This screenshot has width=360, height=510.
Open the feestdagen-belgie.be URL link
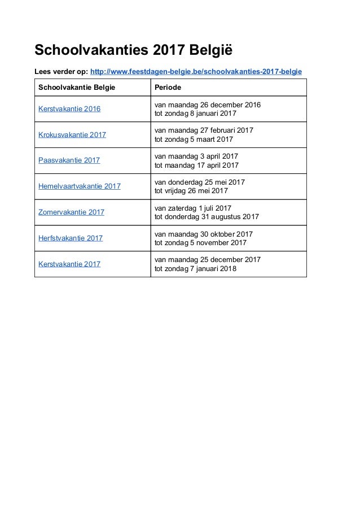pos(196,72)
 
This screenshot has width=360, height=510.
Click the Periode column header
pos(168,88)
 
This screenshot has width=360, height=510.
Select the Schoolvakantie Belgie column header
pos(72,88)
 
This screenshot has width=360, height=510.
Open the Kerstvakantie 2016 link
pos(69,108)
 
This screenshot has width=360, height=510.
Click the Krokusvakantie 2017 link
pos(72,134)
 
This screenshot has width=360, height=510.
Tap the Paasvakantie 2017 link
pos(69,160)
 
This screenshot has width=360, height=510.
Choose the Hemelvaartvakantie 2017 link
pos(80,186)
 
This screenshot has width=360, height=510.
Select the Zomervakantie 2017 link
pos(72,212)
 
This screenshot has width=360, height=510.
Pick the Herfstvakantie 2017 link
pos(71,238)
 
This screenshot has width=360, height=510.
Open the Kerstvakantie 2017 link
pos(69,264)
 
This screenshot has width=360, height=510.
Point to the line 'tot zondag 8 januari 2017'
pos(196,114)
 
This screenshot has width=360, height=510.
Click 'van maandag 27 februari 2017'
pos(204,130)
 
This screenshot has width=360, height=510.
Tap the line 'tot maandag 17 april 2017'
pos(196,165)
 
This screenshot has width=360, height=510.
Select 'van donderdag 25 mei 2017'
pos(199,182)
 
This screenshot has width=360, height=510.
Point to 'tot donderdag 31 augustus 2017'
pos(207,217)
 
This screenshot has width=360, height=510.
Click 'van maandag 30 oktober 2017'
pos(203,234)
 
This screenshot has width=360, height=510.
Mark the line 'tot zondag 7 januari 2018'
pos(196,269)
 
